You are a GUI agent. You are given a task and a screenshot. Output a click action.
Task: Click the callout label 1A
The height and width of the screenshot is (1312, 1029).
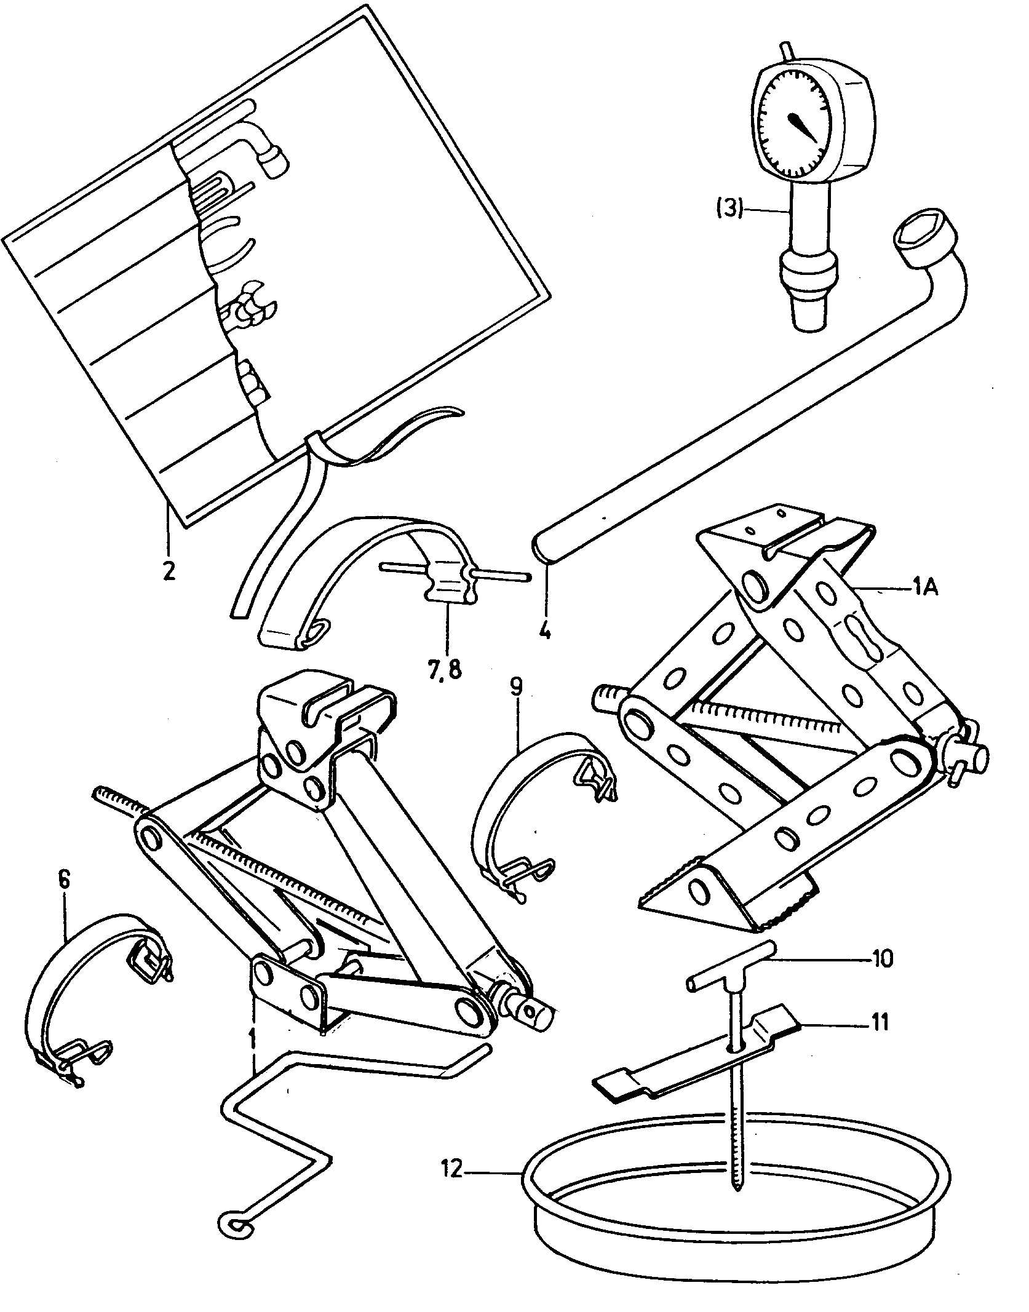924,589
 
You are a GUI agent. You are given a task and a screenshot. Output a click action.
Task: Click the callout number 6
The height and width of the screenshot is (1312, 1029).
65,880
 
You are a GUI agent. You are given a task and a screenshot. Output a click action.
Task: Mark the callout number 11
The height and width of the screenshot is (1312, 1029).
880,1023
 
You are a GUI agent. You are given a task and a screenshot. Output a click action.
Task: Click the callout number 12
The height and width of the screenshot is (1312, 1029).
451,1170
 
